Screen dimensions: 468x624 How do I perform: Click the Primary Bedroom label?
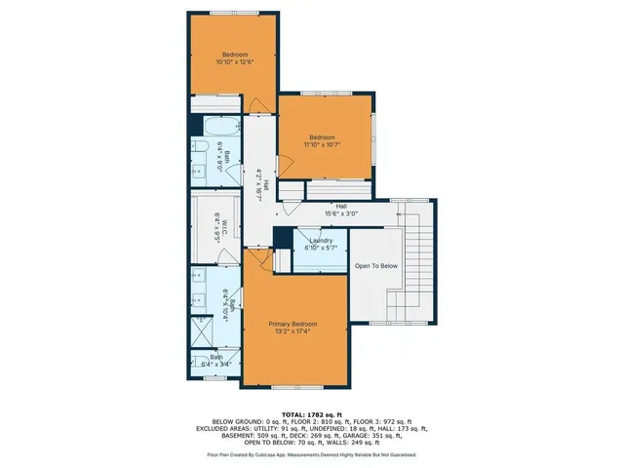293,324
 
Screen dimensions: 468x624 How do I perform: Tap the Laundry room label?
322,240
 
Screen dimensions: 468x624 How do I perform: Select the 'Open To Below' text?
375,265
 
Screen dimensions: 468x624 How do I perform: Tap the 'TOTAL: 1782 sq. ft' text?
312,413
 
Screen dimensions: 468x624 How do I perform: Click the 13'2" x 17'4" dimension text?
293,331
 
